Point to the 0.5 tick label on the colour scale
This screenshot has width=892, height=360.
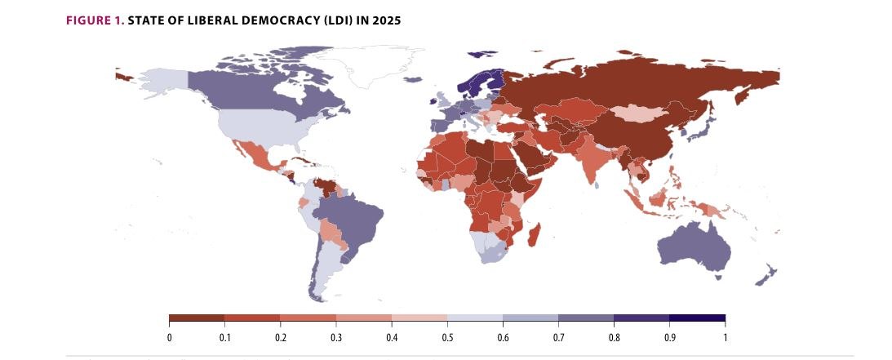[x=447, y=336]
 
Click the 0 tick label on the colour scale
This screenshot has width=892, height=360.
[x=169, y=336]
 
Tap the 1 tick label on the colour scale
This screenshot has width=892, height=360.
[x=725, y=336]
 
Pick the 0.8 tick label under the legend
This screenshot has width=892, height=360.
[x=614, y=336]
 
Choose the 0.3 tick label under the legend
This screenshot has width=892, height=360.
[x=336, y=336]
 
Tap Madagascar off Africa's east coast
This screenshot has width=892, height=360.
[x=535, y=237]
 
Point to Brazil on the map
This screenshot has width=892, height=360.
[x=351, y=216]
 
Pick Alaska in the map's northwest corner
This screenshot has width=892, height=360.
[x=160, y=78]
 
